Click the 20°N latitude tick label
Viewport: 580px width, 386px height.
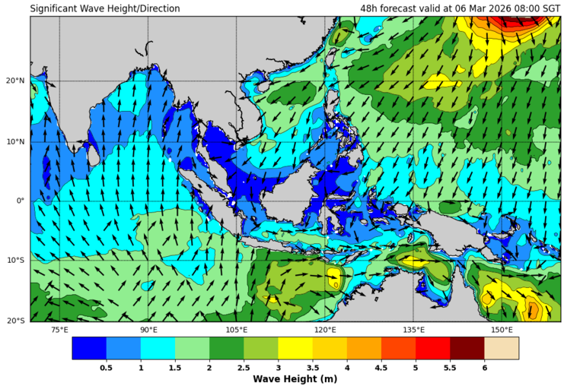tap(17, 81)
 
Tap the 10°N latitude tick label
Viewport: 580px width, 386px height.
tap(17, 141)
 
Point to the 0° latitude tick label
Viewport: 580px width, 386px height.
tap(21, 201)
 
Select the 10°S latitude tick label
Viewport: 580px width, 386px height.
tap(17, 261)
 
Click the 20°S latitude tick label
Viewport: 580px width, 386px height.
tap(17, 321)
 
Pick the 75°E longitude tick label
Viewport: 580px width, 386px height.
tap(59, 330)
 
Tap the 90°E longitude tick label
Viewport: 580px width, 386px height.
tap(148, 330)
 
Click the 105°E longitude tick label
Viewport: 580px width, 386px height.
tap(237, 330)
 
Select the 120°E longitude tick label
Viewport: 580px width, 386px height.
tap(325, 330)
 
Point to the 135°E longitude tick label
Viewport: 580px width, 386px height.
tap(413, 330)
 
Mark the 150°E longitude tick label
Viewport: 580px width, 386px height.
tap(502, 330)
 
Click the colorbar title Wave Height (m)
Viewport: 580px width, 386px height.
tap(295, 378)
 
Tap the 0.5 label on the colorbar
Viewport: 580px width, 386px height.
tap(107, 367)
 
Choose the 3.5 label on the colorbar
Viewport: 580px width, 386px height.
tap(313, 367)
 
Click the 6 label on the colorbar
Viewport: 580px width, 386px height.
tap(485, 367)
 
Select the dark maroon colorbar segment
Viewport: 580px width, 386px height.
tap(467, 348)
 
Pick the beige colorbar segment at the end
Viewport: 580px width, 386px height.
tap(502, 348)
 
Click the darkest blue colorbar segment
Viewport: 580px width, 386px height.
tap(89, 348)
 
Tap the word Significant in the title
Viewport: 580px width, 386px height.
tap(55, 8)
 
